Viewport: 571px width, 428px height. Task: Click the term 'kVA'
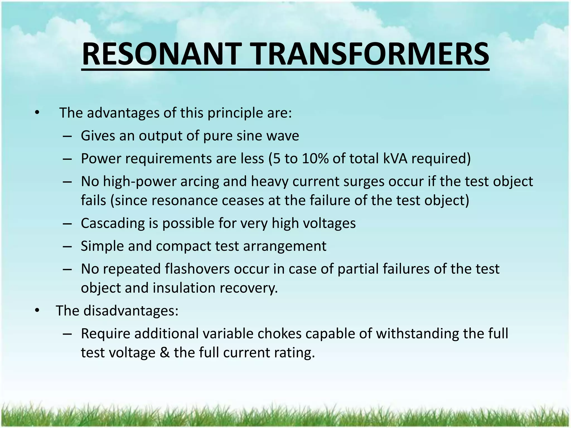click(395, 159)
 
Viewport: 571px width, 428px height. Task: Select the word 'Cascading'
click(112, 223)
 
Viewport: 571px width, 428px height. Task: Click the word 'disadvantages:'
click(131, 311)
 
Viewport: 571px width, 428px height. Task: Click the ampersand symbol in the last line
click(165, 353)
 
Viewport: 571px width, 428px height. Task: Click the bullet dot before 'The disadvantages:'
click(37, 311)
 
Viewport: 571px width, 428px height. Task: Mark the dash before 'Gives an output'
click(67, 136)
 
